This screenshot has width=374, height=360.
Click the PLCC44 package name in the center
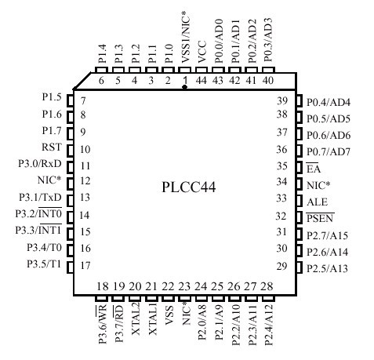(x=189, y=187)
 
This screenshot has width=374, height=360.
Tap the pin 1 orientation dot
(x=185, y=87)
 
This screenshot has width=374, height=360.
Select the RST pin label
(x=52, y=147)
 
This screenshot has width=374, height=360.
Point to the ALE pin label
(x=317, y=202)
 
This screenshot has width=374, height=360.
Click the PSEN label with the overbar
(x=320, y=218)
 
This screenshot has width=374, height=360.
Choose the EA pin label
(x=314, y=169)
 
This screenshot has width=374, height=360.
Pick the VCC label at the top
(x=202, y=52)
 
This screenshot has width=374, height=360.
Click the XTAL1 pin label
(x=152, y=318)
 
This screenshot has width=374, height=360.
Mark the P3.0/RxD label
(x=40, y=164)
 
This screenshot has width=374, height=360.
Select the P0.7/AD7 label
(x=329, y=151)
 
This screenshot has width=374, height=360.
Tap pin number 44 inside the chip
(x=202, y=80)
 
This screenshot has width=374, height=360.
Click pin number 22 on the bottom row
(x=168, y=286)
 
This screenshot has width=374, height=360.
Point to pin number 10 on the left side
(x=85, y=150)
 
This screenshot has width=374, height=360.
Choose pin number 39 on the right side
(x=282, y=100)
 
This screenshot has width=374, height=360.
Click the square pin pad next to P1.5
(x=70, y=100)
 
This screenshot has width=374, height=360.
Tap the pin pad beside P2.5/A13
(x=300, y=267)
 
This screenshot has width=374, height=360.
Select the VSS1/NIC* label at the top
(x=186, y=37)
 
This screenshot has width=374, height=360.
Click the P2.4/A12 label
(x=268, y=324)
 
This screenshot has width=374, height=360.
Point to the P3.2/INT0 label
(x=38, y=213)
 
